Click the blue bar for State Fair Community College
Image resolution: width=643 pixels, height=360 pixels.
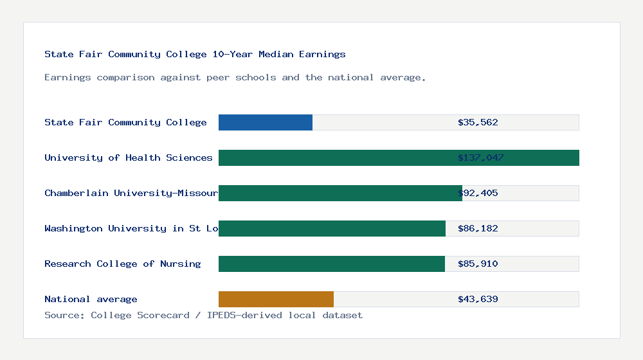(266, 122)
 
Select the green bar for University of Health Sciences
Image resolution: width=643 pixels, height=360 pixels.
(399, 157)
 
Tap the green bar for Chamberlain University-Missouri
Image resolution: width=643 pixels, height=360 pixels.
(340, 193)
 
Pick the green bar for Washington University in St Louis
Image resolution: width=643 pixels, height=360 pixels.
(332, 228)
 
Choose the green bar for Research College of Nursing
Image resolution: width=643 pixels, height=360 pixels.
(332, 264)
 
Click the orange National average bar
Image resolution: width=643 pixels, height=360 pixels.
(276, 299)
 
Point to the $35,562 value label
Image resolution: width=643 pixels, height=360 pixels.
(478, 122)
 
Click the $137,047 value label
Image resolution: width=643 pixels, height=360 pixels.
(480, 157)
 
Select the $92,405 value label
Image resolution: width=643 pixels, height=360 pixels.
(478, 193)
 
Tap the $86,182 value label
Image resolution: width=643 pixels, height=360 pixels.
(478, 228)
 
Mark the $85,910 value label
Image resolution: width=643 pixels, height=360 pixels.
(478, 264)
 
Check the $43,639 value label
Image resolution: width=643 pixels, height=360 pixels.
(478, 299)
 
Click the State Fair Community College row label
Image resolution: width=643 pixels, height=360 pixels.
(125, 122)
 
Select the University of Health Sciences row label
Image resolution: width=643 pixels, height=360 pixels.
(128, 157)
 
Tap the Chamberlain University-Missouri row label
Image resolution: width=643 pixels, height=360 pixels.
(131, 193)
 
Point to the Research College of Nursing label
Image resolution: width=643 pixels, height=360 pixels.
(122, 264)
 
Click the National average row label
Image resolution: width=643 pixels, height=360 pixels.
(91, 299)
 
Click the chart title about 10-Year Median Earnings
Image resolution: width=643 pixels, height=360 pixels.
(195, 54)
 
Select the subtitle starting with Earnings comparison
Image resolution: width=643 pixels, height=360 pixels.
(235, 77)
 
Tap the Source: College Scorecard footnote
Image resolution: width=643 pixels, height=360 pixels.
(203, 315)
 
